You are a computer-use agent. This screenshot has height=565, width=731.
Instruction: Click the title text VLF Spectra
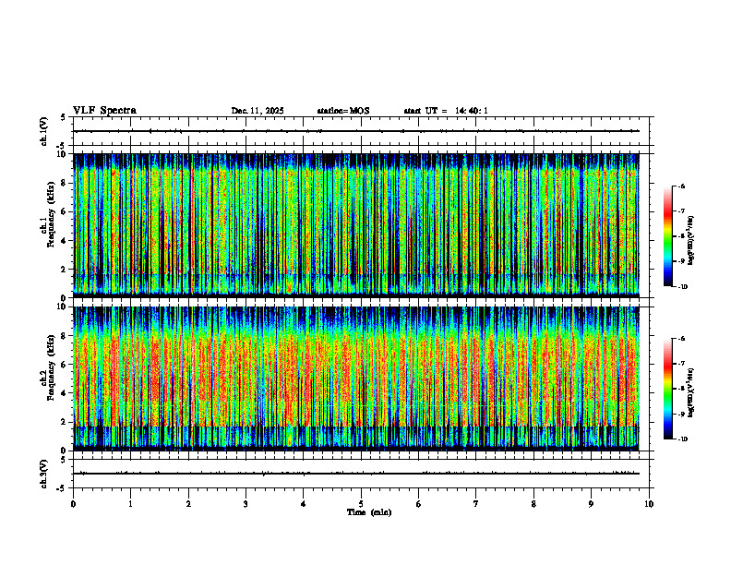tap(104, 111)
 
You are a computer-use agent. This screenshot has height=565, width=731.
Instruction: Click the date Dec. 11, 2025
tap(258, 111)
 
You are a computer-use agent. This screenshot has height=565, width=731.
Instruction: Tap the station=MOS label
tap(342, 111)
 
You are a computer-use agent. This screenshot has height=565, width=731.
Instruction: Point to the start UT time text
tap(446, 111)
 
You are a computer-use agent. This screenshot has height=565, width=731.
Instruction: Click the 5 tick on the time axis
tap(361, 503)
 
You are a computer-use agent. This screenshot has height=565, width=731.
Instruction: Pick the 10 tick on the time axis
tap(649, 503)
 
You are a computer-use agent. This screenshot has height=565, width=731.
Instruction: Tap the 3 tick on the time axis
tap(246, 503)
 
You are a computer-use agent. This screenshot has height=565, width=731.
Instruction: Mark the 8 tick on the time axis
tap(533, 503)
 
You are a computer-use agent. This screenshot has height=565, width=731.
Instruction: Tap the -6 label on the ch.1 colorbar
tap(682, 186)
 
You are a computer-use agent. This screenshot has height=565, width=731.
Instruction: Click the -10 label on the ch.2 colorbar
tap(681, 439)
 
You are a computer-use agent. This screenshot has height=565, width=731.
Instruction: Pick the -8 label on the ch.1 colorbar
tap(682, 236)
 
